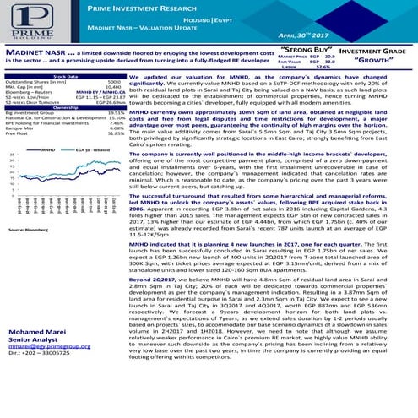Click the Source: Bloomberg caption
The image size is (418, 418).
point(25,229)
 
